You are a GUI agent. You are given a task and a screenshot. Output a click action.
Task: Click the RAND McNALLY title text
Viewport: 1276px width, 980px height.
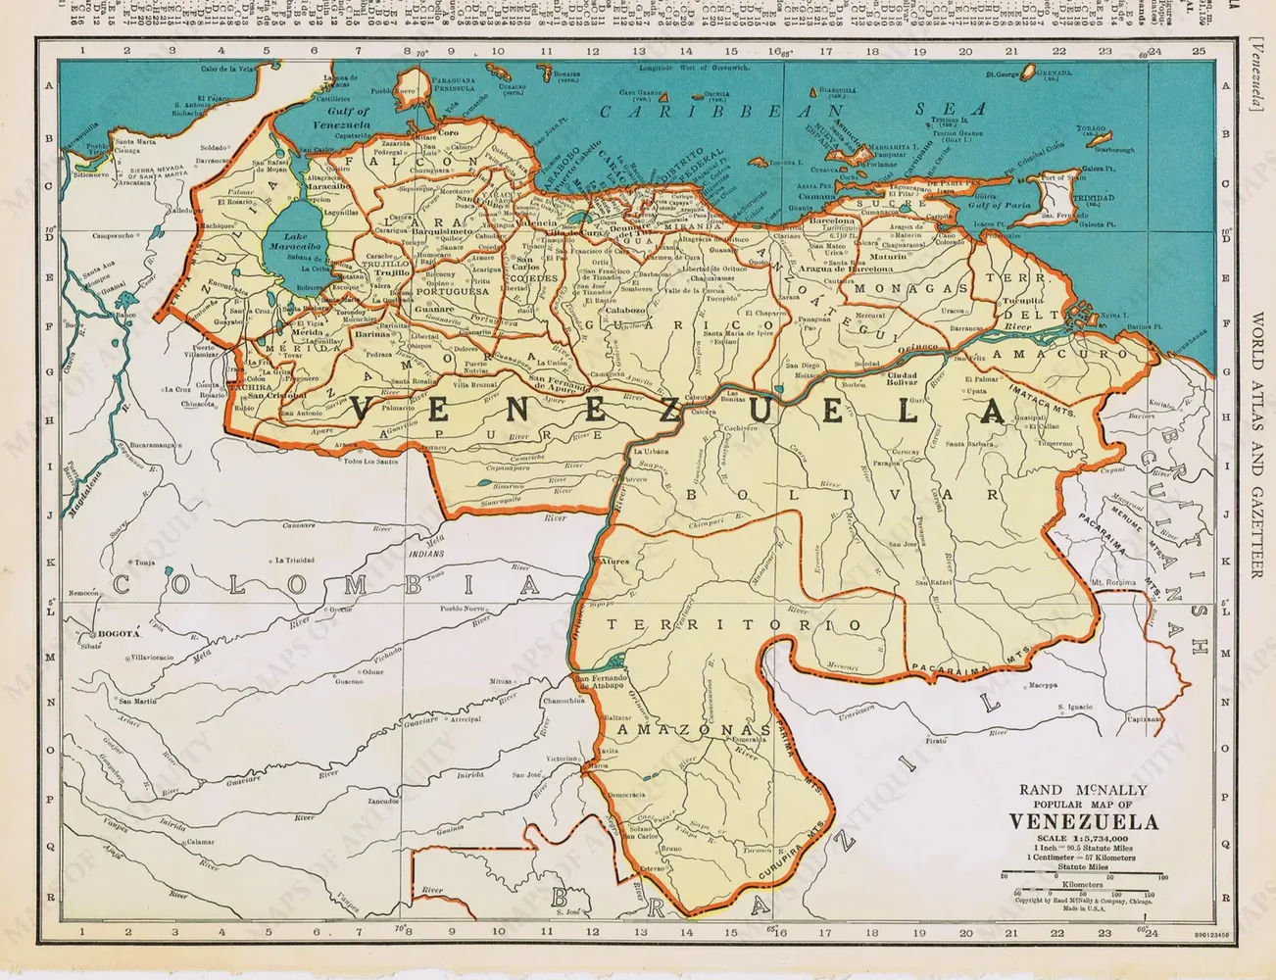tap(1083, 789)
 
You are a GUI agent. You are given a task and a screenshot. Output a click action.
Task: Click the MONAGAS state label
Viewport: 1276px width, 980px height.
tap(910, 288)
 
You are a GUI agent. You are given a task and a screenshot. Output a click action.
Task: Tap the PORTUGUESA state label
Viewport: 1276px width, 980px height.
tap(452, 291)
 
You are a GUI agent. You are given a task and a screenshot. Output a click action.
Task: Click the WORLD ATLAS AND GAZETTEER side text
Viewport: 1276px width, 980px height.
tap(1257, 445)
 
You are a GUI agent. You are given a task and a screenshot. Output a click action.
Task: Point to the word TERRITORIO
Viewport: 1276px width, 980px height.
tap(733, 625)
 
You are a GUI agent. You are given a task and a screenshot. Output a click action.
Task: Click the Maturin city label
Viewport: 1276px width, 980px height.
tap(888, 257)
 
